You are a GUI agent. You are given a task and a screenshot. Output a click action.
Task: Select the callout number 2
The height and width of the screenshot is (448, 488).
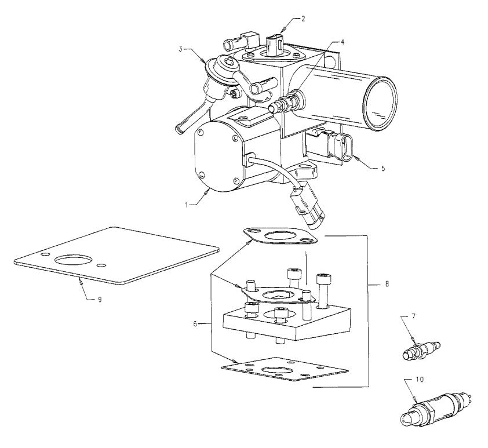click(303, 19)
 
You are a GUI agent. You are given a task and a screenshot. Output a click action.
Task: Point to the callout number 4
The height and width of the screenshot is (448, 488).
click(343, 42)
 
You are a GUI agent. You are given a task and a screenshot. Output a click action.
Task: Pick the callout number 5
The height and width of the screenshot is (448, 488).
click(383, 169)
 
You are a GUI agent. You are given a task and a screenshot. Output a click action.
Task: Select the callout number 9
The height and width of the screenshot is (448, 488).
click(99, 298)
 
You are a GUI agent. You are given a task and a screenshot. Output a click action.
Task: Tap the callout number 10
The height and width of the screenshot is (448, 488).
click(421, 380)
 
